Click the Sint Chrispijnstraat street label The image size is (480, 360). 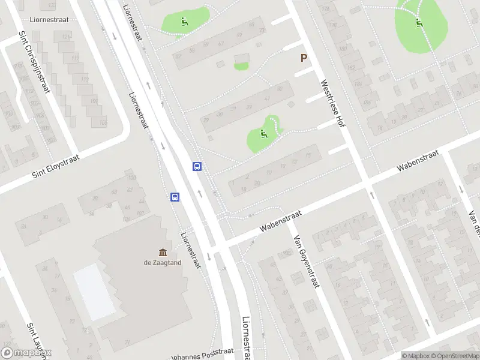32,62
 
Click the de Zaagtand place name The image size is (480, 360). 163,262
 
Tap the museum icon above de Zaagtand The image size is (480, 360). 163,252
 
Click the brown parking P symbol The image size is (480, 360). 304,58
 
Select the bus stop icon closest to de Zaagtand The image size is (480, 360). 175,197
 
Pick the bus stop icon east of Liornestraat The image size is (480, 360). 197,167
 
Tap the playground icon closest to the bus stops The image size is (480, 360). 263,133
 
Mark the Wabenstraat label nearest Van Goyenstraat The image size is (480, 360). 280,221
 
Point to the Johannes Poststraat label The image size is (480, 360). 202,354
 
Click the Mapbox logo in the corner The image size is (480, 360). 26,353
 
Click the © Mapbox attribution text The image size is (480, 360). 416,356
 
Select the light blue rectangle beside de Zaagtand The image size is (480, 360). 94,292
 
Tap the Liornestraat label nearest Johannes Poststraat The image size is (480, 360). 247,339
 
